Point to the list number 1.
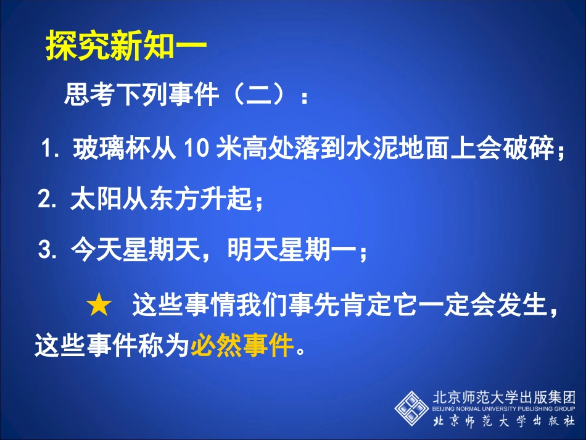48,150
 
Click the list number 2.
47,200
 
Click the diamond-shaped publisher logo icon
412,407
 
